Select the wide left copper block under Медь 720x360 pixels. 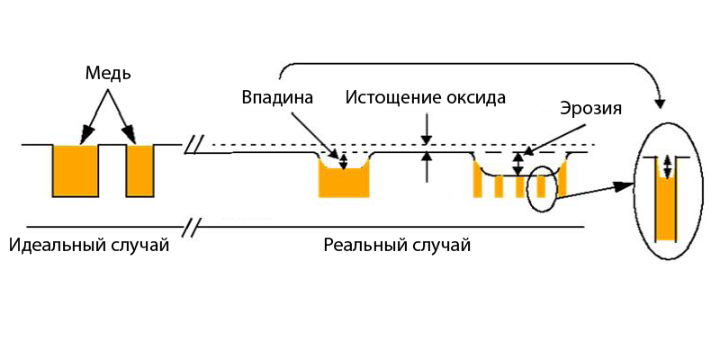[76, 170]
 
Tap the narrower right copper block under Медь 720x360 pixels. [140, 170]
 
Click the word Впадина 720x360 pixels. [277, 97]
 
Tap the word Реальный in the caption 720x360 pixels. [364, 245]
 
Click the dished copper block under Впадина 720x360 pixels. [344, 182]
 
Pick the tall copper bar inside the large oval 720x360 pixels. [666, 210]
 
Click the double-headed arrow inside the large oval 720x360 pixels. [667, 166]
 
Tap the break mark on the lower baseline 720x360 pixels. [192, 226]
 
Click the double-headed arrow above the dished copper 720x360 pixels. [343, 159]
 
